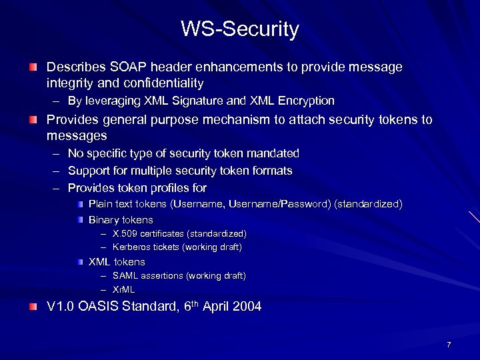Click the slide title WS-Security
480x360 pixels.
coord(240,29)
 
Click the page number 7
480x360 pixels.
coord(449,345)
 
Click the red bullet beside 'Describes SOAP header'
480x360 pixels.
coord(33,68)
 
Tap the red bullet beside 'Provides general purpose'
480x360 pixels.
coord(33,121)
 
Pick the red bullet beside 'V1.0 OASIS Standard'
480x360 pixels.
coord(33,307)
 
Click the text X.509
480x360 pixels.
coord(125,233)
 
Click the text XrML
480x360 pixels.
coord(124,289)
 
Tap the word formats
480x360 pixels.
coord(273,171)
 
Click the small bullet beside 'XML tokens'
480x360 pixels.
coord(79,261)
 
